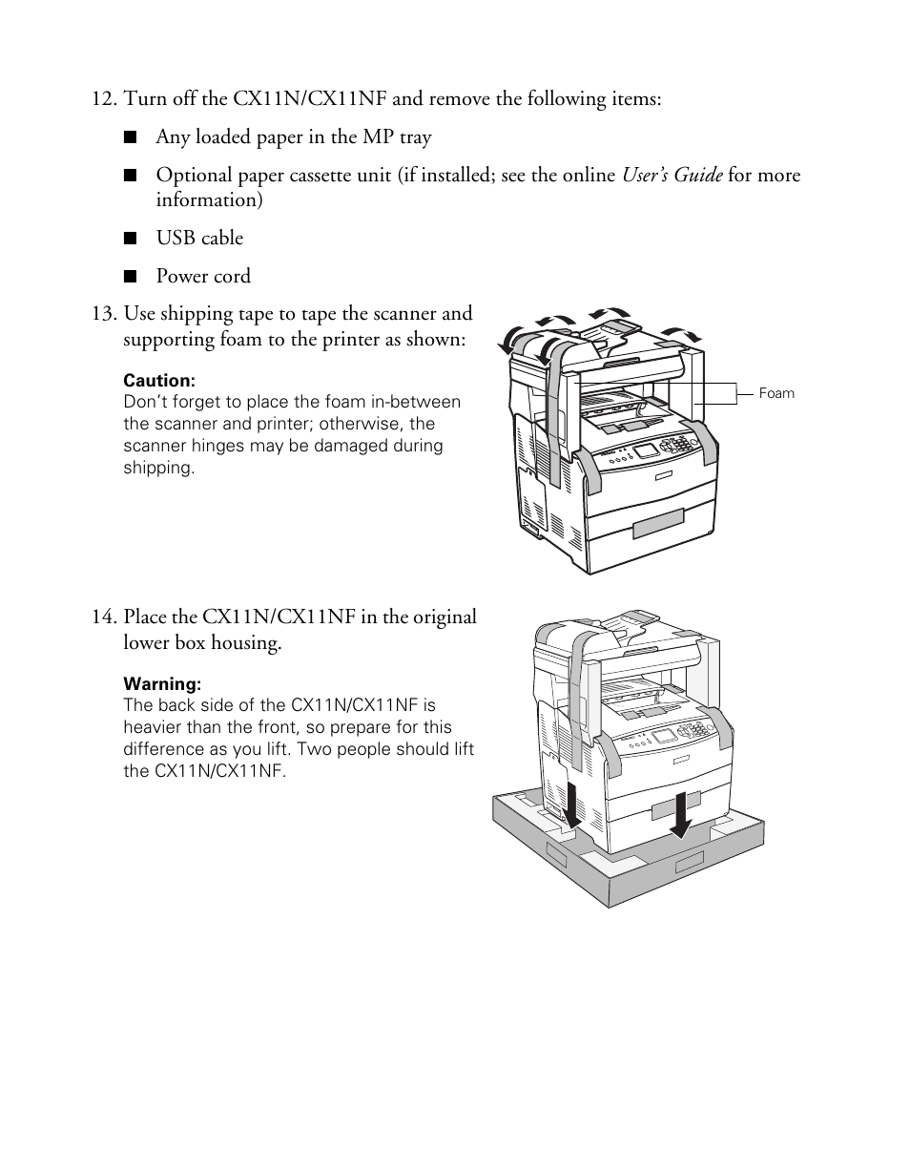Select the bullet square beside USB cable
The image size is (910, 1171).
[131, 239]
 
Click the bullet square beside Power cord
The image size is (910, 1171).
[131, 277]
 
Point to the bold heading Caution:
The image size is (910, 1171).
[159, 381]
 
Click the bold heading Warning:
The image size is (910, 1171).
[162, 684]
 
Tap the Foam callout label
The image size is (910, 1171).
[776, 393]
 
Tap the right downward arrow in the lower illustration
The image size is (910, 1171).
[680, 813]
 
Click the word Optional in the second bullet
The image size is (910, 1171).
[191, 176]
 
